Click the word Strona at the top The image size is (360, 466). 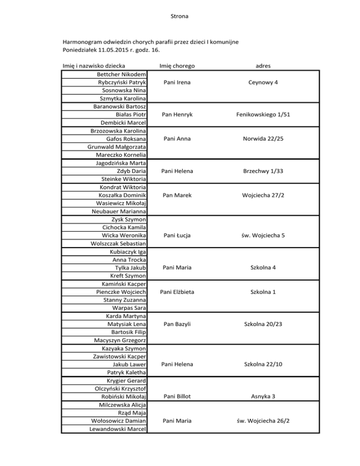pyautogui.click(x=180, y=17)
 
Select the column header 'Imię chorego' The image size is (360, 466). pyautogui.click(x=177, y=66)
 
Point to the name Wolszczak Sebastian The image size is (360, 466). pyautogui.click(x=117, y=243)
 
